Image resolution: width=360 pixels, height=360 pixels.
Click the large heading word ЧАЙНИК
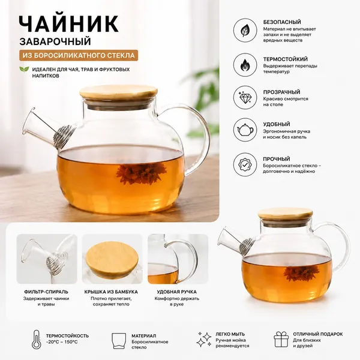click(69, 24)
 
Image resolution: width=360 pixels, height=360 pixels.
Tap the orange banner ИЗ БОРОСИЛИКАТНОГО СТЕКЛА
click(79, 55)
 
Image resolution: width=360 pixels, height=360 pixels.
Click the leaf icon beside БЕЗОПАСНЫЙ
click(245, 31)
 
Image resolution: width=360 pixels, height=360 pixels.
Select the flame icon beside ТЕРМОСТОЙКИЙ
click(245, 65)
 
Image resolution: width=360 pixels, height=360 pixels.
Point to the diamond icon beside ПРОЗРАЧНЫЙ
click(245, 97)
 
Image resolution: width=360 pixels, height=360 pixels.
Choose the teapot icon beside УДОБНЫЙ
click(245, 130)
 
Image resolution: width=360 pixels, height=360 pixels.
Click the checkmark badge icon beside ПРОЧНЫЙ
click(245, 164)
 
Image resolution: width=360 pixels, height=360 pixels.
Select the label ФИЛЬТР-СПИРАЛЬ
click(46, 292)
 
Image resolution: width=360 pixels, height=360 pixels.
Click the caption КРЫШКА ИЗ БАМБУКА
click(111, 292)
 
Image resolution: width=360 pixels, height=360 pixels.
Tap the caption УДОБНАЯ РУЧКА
click(177, 292)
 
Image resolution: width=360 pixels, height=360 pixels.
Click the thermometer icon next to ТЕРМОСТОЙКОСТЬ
click(37, 340)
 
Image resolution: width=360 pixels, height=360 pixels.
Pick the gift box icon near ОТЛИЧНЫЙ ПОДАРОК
click(281, 340)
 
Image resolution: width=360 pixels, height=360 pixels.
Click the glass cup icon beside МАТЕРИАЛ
click(119, 341)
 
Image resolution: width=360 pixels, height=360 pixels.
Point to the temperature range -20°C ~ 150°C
click(62, 342)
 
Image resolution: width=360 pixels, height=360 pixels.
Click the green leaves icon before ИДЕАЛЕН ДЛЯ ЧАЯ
click(24, 69)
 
